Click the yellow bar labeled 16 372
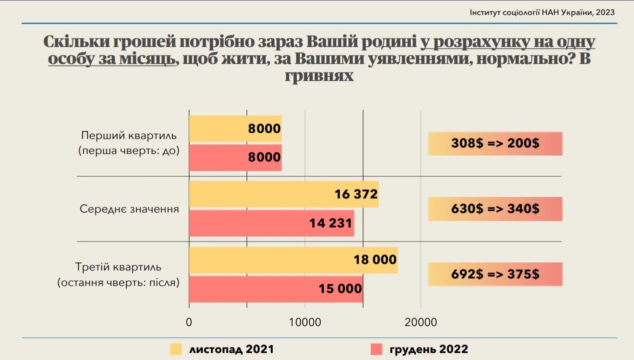(x=283, y=194)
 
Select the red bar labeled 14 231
(x=271, y=223)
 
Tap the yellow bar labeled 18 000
(x=293, y=260)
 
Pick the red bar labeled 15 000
(x=276, y=289)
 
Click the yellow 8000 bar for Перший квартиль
(x=235, y=128)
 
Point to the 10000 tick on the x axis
(x=305, y=322)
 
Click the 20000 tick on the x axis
(x=421, y=322)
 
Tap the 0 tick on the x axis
(x=189, y=322)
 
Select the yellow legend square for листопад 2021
(x=176, y=349)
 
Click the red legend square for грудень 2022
(x=376, y=349)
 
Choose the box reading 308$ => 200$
(x=495, y=143)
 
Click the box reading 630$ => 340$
(x=495, y=208)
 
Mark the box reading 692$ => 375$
(x=495, y=274)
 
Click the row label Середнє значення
(x=129, y=209)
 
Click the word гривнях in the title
(x=319, y=76)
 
